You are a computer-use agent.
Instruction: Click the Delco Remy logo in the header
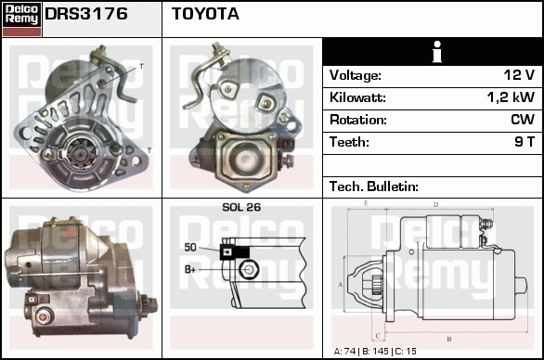(x=21, y=19)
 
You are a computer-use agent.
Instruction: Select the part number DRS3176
(x=86, y=14)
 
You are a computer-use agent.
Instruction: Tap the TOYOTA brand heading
(x=205, y=14)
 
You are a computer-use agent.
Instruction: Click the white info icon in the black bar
(x=437, y=52)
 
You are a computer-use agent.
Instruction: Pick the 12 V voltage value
(x=519, y=75)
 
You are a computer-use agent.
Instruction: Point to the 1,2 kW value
(x=511, y=97)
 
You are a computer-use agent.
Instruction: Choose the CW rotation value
(x=523, y=120)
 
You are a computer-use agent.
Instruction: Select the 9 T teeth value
(x=525, y=142)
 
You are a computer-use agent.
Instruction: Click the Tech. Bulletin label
(x=374, y=186)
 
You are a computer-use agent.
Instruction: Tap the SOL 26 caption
(x=241, y=207)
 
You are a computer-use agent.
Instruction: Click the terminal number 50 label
(x=190, y=248)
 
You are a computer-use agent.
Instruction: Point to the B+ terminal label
(x=190, y=269)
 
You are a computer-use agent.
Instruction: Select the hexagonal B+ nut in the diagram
(x=249, y=269)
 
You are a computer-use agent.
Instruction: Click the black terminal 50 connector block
(x=235, y=252)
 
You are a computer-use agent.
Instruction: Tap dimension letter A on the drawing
(x=340, y=285)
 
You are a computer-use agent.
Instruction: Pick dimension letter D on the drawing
(x=436, y=205)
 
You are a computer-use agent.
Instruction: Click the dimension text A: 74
(x=344, y=352)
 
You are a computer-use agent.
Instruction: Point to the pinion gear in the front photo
(x=81, y=151)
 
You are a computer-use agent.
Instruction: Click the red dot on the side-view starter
(x=70, y=233)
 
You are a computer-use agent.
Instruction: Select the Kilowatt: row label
(x=357, y=97)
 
